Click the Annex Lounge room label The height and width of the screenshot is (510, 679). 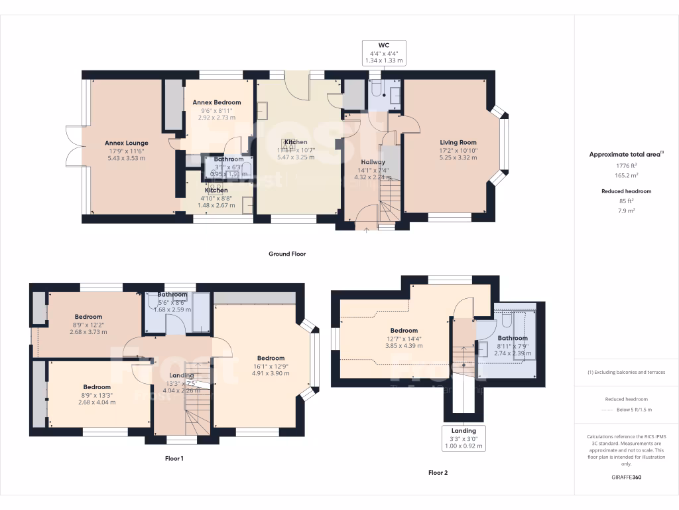pyautogui.click(x=126, y=143)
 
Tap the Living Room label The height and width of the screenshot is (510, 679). pyautogui.click(x=458, y=142)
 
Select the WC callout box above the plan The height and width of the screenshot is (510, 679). pyautogui.click(x=383, y=52)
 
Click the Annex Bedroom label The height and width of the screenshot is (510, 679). pyautogui.click(x=217, y=102)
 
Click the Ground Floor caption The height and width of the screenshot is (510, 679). pyautogui.click(x=286, y=254)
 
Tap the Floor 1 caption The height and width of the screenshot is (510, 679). pyautogui.click(x=174, y=458)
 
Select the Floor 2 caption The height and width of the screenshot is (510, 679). pyautogui.click(x=438, y=473)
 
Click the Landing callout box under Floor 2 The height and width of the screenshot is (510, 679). pyautogui.click(x=464, y=438)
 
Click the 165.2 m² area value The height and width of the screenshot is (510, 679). pyautogui.click(x=627, y=176)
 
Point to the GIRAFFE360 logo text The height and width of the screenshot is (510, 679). pyautogui.click(x=627, y=477)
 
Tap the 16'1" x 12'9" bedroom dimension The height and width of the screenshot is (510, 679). pyautogui.click(x=271, y=366)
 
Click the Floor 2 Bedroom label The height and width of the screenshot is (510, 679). pyautogui.click(x=404, y=331)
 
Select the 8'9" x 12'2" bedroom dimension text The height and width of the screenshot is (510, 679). pyautogui.click(x=88, y=325)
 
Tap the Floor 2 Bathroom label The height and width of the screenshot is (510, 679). pyautogui.click(x=513, y=339)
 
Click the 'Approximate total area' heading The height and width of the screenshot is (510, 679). pyautogui.click(x=625, y=154)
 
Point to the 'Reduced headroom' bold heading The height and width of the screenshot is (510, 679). pyautogui.click(x=627, y=191)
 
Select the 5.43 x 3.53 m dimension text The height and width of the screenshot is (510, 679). pyautogui.click(x=126, y=158)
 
